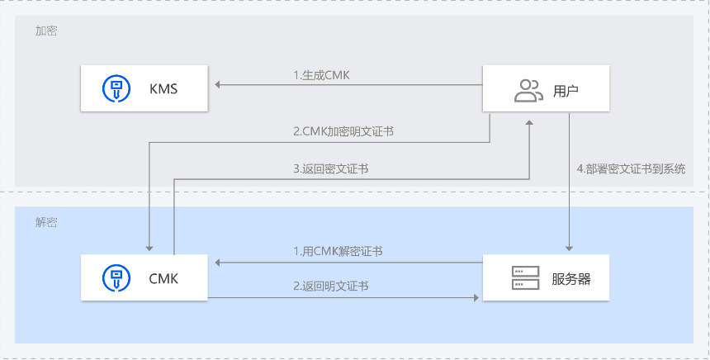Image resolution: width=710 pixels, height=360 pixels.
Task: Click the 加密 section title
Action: [x=46, y=31]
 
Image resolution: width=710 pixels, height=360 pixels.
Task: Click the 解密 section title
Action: [x=46, y=223]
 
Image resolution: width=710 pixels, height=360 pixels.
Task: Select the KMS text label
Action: [x=163, y=88]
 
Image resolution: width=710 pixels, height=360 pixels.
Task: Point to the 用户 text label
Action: [x=566, y=89]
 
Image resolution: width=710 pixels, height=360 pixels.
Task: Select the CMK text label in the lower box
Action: [x=163, y=279]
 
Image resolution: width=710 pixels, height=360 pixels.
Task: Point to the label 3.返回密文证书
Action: [x=331, y=168]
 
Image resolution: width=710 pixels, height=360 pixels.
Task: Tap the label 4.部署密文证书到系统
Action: [x=631, y=168]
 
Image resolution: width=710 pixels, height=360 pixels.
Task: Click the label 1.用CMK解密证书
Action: [x=338, y=251]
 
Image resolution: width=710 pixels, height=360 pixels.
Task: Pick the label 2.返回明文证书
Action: [x=331, y=286]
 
